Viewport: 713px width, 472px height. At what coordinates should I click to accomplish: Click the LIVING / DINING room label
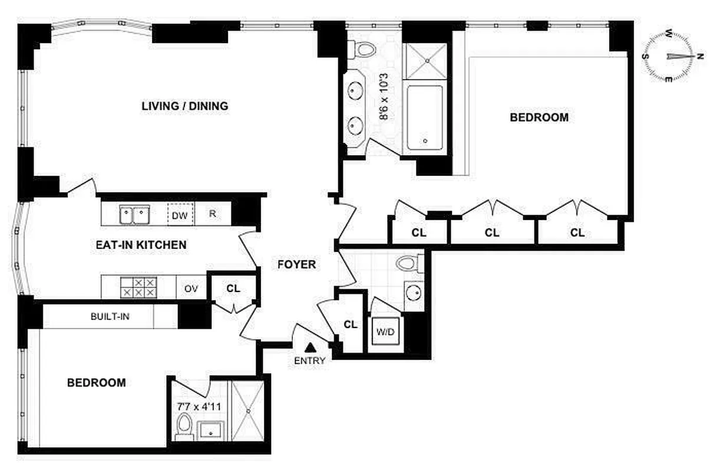[x=184, y=106]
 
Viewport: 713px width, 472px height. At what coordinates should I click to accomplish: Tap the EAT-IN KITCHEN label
[x=141, y=244]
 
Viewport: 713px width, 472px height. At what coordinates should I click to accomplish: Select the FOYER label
[x=296, y=265]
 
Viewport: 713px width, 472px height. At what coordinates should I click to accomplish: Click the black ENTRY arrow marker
[x=311, y=349]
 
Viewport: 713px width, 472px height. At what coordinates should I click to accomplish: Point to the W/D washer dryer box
[x=385, y=332]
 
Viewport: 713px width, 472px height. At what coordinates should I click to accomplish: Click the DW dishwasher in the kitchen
[x=180, y=215]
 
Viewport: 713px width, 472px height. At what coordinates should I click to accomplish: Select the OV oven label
[x=191, y=289]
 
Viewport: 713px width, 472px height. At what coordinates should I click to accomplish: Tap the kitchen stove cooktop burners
[x=139, y=288]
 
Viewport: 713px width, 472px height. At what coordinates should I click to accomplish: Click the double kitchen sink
[x=135, y=215]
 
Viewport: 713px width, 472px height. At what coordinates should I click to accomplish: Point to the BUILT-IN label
[x=110, y=317]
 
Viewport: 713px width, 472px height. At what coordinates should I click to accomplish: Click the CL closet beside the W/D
[x=351, y=324]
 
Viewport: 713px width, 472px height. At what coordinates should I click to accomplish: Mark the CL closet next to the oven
[x=233, y=289]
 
